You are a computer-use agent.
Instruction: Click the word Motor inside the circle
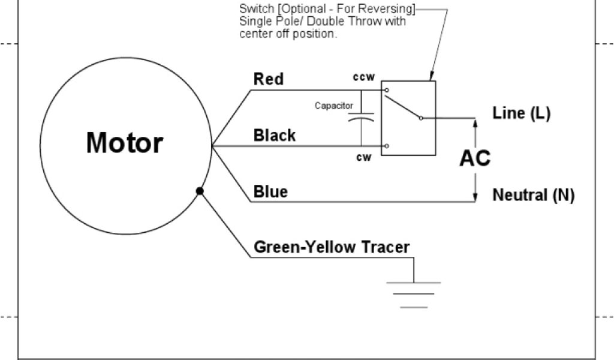[125, 143]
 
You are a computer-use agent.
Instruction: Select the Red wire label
[269, 79]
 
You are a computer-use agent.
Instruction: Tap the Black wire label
[275, 135]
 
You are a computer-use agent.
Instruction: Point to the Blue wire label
[270, 191]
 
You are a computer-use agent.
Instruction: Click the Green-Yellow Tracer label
[332, 247]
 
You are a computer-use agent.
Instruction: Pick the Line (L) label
[521, 113]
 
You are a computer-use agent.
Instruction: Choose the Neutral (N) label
[533, 195]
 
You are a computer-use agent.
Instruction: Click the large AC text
[475, 158]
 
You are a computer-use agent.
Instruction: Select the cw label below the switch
[363, 158]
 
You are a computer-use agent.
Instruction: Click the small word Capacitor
[333, 106]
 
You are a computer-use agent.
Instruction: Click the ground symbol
[414, 294]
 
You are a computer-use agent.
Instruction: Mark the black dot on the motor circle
[200, 191]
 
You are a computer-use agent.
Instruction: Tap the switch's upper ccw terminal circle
[387, 91]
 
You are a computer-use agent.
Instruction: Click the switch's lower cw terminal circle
[387, 146]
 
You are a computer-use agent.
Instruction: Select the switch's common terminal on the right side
[421, 118]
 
